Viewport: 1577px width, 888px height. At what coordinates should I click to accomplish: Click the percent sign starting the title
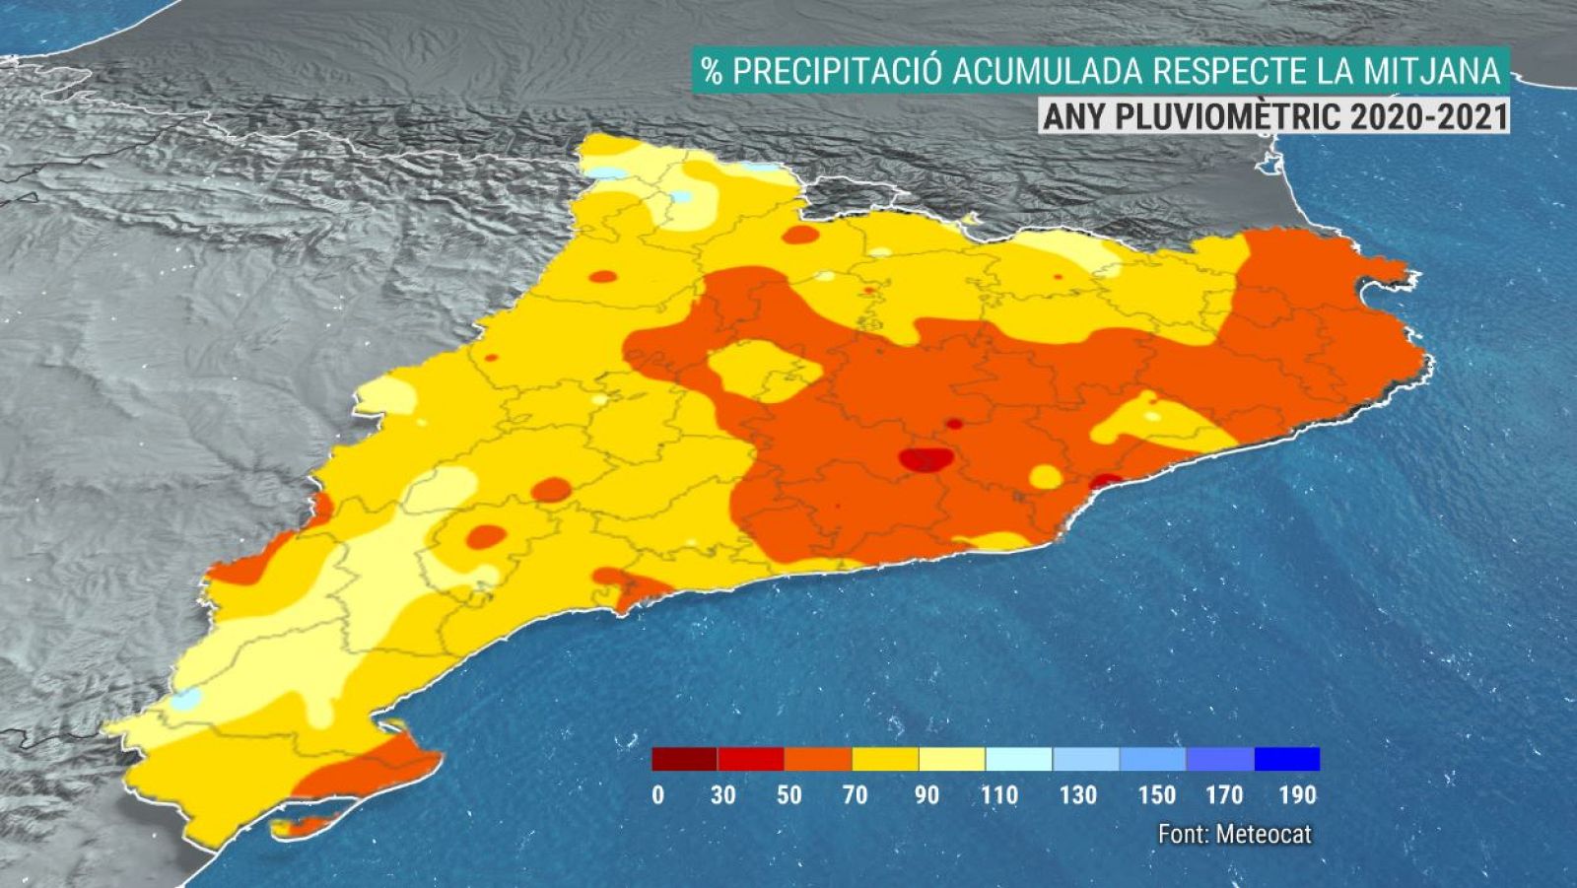tap(711, 70)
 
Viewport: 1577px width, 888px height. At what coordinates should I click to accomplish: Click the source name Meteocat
tap(1264, 834)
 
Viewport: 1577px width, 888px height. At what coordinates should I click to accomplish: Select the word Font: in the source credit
tap(1183, 834)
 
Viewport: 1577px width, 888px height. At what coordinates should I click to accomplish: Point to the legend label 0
tap(658, 794)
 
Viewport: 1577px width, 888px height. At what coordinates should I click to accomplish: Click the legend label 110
tap(999, 794)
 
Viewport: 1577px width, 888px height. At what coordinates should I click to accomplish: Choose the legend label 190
tap(1298, 794)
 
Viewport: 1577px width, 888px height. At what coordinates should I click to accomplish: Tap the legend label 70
tap(855, 794)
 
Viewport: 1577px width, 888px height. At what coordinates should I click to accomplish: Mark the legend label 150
tap(1157, 794)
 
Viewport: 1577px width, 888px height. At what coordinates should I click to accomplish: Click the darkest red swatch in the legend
tap(685, 759)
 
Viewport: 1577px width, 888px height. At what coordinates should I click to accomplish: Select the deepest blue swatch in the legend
tap(1286, 759)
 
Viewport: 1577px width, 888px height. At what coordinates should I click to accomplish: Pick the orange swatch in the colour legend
tap(818, 759)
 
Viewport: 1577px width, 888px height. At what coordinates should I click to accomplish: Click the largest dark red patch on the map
tap(926, 459)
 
